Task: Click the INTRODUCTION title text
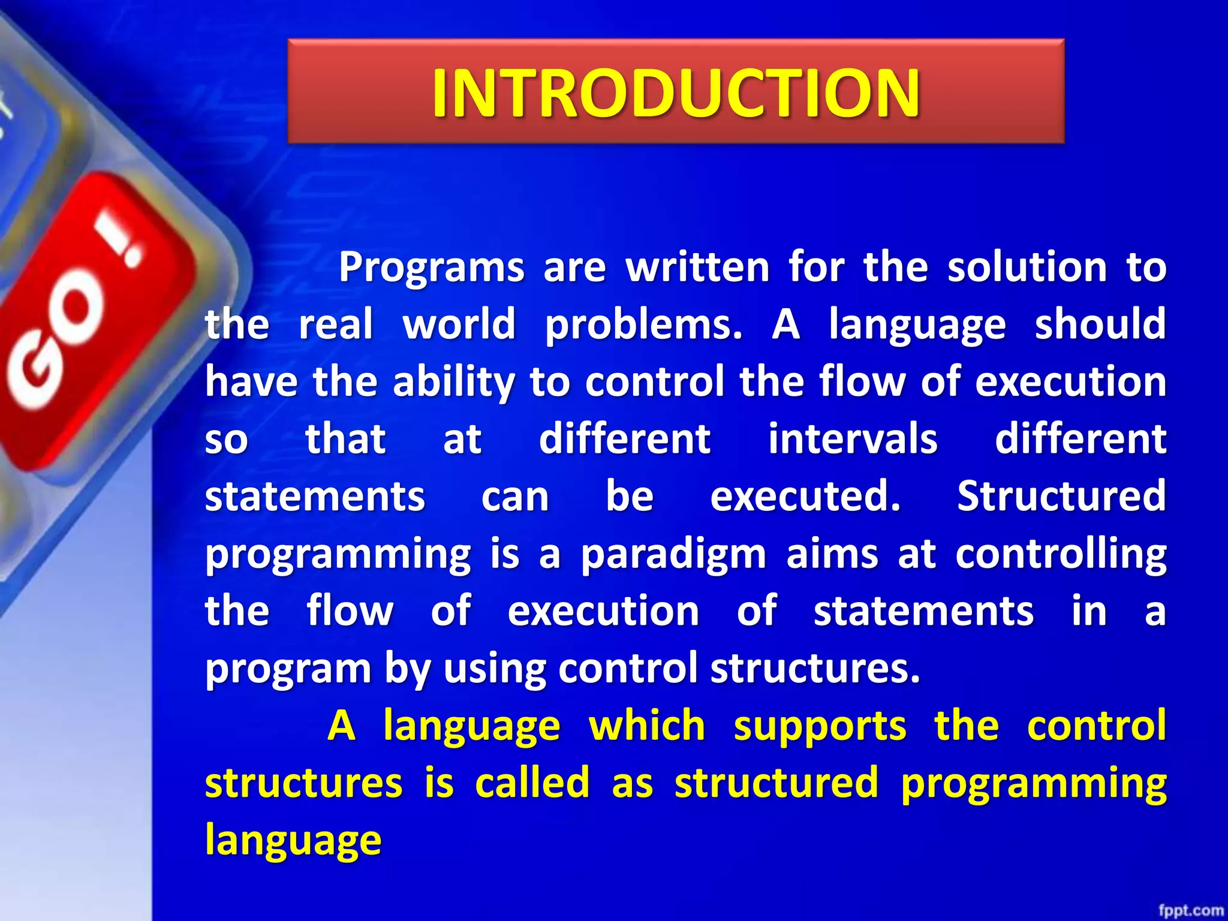[676, 92]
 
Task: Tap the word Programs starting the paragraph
[431, 267]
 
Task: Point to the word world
[459, 324]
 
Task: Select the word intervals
[853, 438]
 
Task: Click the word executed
[805, 496]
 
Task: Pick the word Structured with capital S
[1061, 496]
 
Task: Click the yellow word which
[647, 726]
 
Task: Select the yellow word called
[532, 783]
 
